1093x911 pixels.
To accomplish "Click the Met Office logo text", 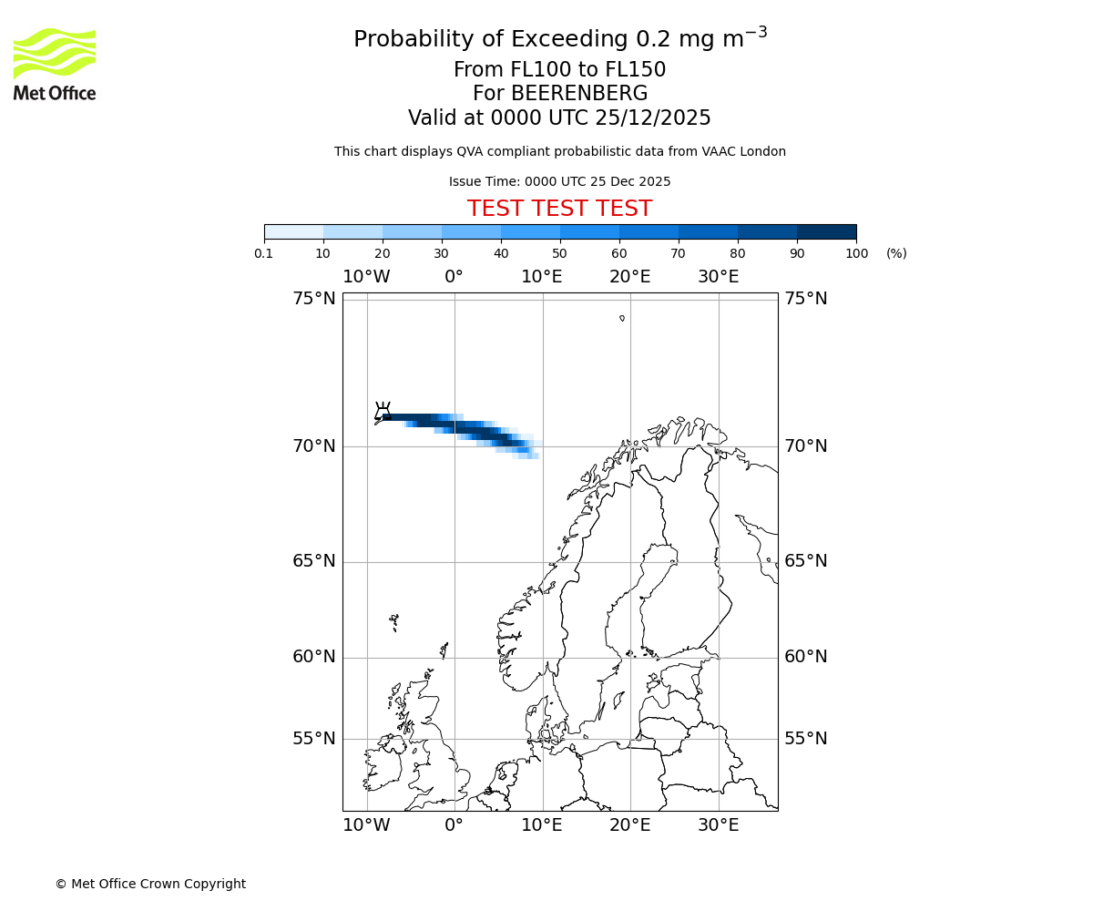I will click(x=55, y=93).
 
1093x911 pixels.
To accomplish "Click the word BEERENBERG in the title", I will click(x=578, y=94).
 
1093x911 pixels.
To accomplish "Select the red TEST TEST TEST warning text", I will click(x=559, y=209).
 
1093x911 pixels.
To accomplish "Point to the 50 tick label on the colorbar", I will click(x=559, y=253).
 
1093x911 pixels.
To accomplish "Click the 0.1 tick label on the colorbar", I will click(x=264, y=253).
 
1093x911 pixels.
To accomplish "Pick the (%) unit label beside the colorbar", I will click(x=896, y=253).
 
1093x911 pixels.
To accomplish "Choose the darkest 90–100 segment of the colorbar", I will click(x=826, y=231).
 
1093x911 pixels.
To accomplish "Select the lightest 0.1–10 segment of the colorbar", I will click(x=294, y=231).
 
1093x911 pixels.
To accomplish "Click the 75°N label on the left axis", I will click(x=313, y=299).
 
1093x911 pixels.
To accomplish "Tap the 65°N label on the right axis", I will click(x=805, y=561).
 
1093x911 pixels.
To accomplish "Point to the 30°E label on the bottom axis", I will click(x=718, y=825).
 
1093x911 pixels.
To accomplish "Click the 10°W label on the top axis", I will click(x=366, y=277).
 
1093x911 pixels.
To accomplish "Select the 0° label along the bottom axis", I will click(x=454, y=825).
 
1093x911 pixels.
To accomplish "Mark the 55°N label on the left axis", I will click(x=313, y=739).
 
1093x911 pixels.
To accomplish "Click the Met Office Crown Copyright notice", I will click(x=150, y=884).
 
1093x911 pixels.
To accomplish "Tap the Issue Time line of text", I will click(x=559, y=181).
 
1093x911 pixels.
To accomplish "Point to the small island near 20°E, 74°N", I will click(x=622, y=318).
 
